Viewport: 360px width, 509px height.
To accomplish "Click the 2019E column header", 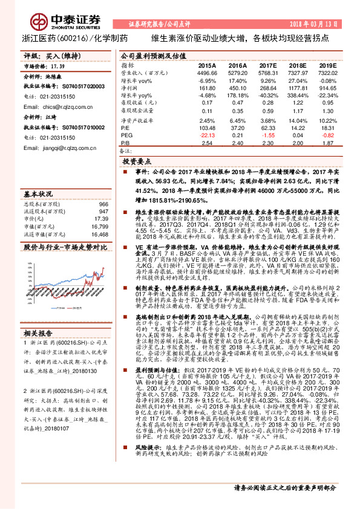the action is tap(327, 65).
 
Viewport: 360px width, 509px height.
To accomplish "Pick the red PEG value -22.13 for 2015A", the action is tap(207, 136).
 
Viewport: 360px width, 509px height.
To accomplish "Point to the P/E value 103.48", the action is tap(206, 129).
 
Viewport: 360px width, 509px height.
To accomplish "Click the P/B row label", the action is tap(125, 144).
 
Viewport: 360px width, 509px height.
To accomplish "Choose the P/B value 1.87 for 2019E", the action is tap(327, 144).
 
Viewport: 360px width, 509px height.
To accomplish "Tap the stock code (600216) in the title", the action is tap(73, 38).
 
